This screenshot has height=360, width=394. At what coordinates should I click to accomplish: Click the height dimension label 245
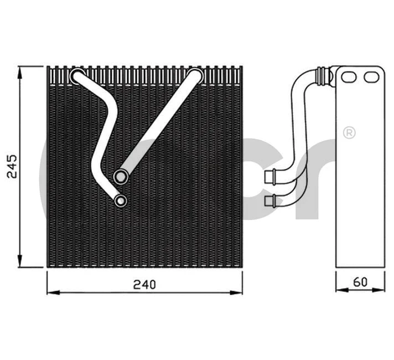coord(13,166)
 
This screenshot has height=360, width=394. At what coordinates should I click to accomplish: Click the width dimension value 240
coord(144,284)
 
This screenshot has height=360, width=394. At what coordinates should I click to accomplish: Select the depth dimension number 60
coord(360,282)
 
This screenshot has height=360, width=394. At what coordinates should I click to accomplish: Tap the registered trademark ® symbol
coord(349,132)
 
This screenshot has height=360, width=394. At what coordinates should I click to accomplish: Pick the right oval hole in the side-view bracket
coord(370,77)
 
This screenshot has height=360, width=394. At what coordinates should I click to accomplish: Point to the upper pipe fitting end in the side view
coord(271,176)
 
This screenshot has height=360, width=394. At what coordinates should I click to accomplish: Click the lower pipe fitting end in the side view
coord(271,199)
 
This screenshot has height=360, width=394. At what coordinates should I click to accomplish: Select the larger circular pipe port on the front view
coord(121,177)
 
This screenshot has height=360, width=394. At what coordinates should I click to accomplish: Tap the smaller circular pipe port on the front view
coord(121,200)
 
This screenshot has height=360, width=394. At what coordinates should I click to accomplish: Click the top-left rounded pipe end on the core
coord(77,76)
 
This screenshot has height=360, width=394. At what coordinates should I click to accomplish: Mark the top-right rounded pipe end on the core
coord(195,76)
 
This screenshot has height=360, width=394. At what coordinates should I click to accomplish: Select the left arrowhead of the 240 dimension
coord(51,291)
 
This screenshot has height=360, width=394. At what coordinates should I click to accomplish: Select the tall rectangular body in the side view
coord(361,177)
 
